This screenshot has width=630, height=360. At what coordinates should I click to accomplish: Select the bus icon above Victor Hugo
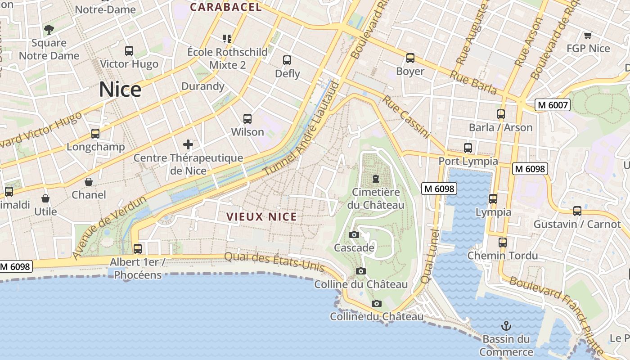[x=129, y=50]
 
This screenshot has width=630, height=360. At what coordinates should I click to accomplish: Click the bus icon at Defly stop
[x=287, y=60]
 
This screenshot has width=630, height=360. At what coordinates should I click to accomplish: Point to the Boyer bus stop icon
[x=410, y=58]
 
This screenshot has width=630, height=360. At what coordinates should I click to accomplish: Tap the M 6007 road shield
[x=553, y=105]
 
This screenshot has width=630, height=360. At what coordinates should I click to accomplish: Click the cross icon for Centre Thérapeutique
[x=188, y=144]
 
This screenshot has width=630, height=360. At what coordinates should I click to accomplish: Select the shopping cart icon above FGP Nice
[x=587, y=35]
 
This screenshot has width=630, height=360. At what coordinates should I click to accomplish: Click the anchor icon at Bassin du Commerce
[x=506, y=325]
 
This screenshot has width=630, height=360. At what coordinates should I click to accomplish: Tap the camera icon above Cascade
[x=354, y=234]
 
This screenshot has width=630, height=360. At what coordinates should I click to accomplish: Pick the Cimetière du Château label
[x=376, y=198]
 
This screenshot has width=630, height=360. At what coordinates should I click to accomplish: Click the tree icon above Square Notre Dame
[x=49, y=30]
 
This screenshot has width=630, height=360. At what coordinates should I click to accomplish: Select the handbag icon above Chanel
[x=89, y=182]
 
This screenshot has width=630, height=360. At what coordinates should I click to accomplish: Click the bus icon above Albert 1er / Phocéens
[x=138, y=248]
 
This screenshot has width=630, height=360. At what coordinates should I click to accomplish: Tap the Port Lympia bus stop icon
[x=468, y=148]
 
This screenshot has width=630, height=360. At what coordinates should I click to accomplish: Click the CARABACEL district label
[x=225, y=7]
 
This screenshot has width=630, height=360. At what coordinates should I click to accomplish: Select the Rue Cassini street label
[x=406, y=116]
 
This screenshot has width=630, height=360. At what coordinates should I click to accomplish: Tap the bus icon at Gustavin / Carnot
[x=577, y=211]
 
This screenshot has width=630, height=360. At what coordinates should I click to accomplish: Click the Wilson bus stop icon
[x=247, y=118]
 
